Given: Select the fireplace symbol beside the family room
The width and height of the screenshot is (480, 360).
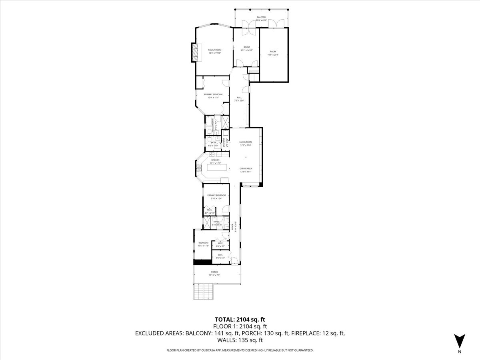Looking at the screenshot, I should tap(195, 52).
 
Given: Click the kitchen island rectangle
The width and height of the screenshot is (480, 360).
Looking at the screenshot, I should tap(216, 168).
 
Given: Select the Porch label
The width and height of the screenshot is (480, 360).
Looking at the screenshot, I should tap(214, 274).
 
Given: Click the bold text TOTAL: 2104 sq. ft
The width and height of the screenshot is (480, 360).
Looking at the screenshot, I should tap(240, 319).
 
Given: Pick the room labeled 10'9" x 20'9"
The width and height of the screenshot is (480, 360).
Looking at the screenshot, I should tap(273, 53).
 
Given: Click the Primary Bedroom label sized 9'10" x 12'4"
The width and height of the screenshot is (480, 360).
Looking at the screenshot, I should tap(214, 197).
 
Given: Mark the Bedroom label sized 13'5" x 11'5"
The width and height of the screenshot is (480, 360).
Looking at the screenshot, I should tap(203, 244).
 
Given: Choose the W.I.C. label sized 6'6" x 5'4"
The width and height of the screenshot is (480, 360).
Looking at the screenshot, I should tap(220, 256).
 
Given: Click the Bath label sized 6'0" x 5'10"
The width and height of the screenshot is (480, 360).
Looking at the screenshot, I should tap(213, 144).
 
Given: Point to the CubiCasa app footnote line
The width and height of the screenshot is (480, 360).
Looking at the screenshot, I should tap(240, 350).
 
